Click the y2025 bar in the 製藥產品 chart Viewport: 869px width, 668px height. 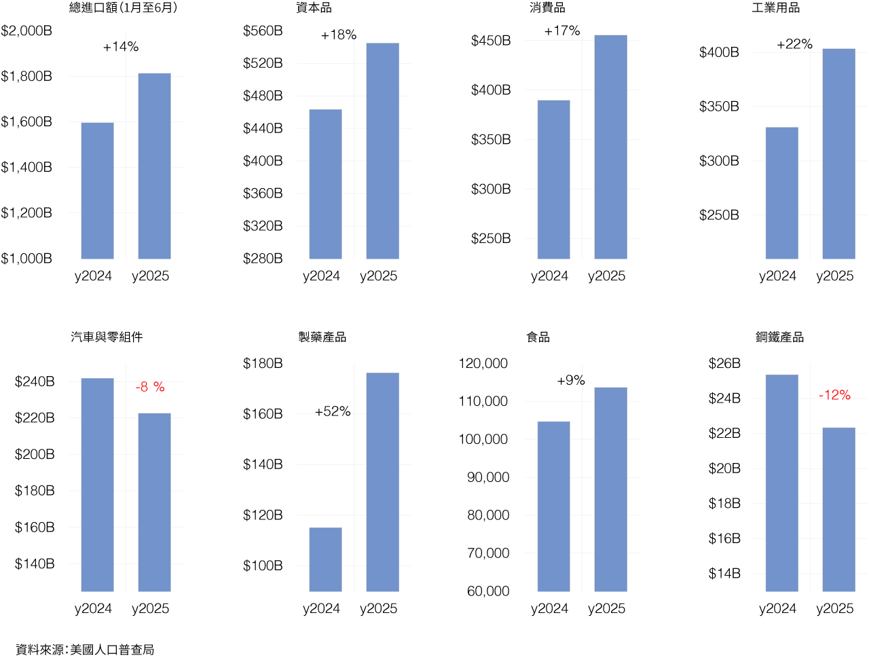point(382,482)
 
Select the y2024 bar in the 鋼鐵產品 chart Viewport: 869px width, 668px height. point(781,483)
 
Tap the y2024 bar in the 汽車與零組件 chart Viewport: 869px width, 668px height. point(97,485)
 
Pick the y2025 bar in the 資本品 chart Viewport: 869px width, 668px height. point(382,151)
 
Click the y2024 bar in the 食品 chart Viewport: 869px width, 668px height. point(553,506)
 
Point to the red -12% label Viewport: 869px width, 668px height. point(834,395)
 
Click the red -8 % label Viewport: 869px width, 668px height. point(150,387)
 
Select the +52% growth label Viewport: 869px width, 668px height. point(333,412)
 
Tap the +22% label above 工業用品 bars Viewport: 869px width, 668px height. point(794,44)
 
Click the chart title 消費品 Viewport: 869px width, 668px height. point(547,8)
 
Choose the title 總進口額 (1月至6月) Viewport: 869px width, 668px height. point(123,8)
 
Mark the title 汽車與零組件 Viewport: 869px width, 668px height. point(107,337)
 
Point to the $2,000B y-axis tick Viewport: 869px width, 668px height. point(26,31)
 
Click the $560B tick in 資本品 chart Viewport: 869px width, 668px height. point(263,31)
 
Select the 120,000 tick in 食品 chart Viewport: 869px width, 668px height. point(483,364)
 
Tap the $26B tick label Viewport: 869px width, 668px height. point(724,364)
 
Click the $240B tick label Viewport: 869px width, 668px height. point(35,382)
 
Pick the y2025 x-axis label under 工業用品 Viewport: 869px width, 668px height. point(834,276)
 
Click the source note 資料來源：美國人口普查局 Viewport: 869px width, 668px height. point(85,650)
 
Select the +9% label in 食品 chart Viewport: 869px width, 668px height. point(571,381)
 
